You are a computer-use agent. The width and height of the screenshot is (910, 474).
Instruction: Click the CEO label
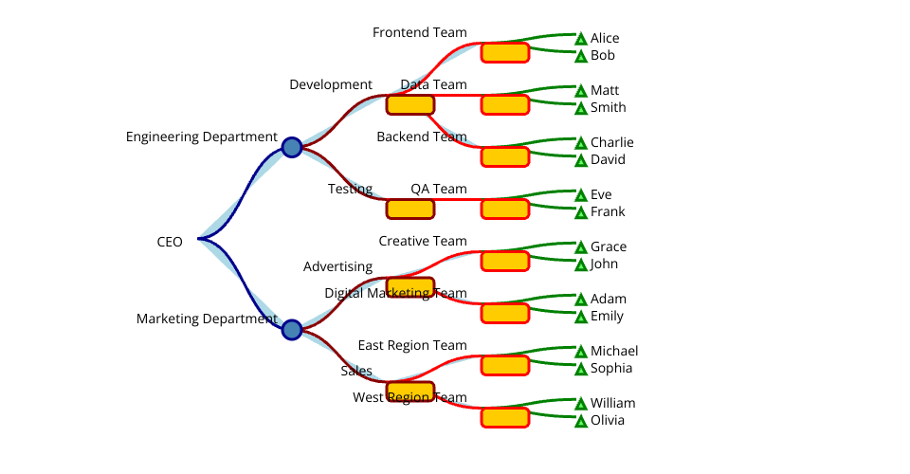[x=170, y=242]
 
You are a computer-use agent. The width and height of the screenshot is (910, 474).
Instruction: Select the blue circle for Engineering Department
[x=292, y=147]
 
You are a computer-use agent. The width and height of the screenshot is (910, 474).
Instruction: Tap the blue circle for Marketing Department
[x=292, y=330]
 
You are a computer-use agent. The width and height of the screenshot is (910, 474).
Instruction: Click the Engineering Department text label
[x=201, y=137]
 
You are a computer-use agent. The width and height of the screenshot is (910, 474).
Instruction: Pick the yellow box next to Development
[x=409, y=104]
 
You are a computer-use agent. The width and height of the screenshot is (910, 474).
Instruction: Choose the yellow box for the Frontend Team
[x=504, y=52]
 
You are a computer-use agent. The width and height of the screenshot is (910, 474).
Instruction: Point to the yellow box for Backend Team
[x=504, y=156]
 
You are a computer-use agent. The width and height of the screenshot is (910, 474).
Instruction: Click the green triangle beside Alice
[x=581, y=39]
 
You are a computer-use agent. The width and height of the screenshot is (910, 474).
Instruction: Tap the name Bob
[x=603, y=56]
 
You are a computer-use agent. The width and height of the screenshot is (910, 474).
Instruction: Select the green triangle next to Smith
[x=581, y=109]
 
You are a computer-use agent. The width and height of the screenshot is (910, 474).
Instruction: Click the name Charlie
[x=611, y=143]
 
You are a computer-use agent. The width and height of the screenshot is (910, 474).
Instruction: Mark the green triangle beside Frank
[x=581, y=213]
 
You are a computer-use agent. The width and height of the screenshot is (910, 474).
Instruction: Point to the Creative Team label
[x=423, y=241]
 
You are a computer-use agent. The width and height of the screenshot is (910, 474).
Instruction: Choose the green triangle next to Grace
[x=581, y=247]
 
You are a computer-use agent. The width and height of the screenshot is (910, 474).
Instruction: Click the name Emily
[x=608, y=317]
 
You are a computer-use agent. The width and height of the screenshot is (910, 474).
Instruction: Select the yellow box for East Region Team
[x=504, y=365]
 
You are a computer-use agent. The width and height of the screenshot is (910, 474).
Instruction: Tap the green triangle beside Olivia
[x=581, y=422]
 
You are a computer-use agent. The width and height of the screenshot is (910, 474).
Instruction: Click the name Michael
[x=614, y=352]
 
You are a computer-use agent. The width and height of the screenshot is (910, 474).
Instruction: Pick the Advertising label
[x=337, y=266]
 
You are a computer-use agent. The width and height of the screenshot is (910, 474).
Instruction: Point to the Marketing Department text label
[x=207, y=319]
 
